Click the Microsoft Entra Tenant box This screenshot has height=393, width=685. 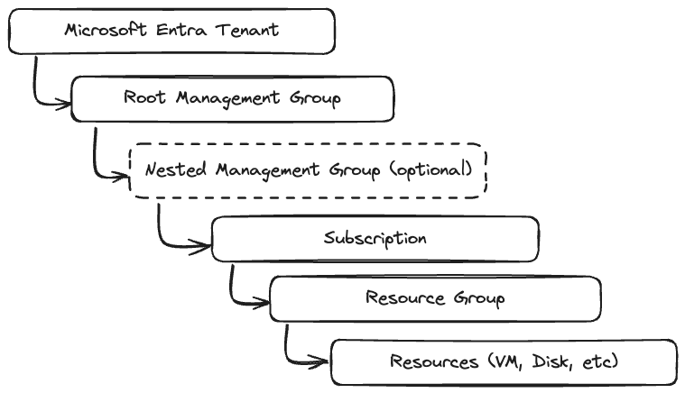point(171,31)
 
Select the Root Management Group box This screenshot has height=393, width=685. point(232,98)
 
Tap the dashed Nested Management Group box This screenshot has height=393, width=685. point(308,169)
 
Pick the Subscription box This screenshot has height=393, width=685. point(375,239)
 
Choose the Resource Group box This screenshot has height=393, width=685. point(435,298)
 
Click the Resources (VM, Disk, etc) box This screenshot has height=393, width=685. point(504,361)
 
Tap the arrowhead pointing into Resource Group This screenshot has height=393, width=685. point(264,303)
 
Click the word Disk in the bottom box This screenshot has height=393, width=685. point(552,361)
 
